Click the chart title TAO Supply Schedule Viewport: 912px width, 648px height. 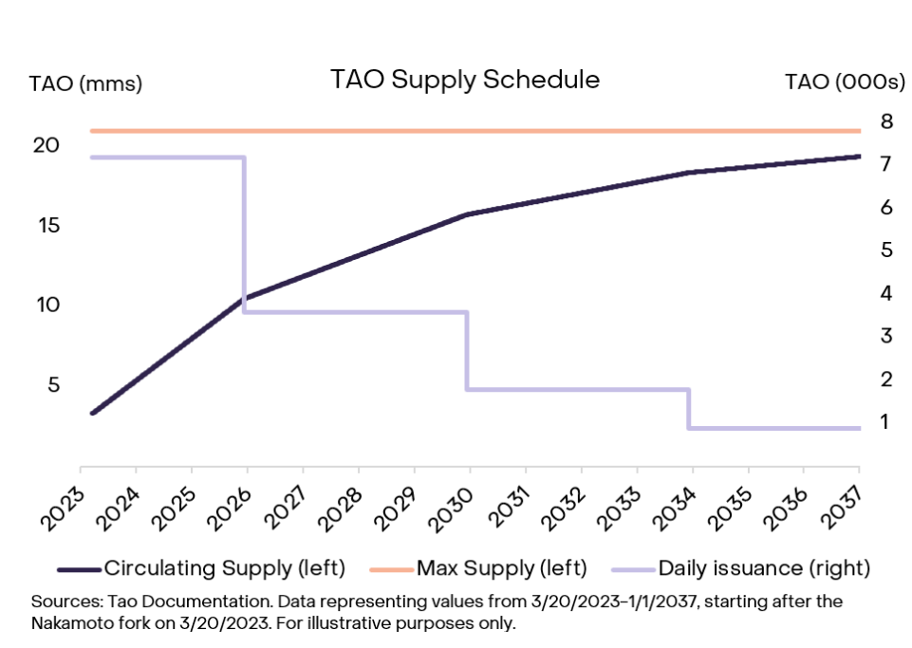(x=465, y=80)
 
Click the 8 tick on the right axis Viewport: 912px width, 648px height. (x=886, y=121)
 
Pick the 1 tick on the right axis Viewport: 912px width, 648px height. (x=886, y=421)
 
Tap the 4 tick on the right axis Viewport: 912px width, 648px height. (x=886, y=293)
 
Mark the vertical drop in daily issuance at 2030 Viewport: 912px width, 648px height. (x=466, y=351)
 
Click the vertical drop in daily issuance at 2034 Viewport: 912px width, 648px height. (x=689, y=409)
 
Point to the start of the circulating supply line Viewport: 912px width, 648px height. (x=92, y=413)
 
